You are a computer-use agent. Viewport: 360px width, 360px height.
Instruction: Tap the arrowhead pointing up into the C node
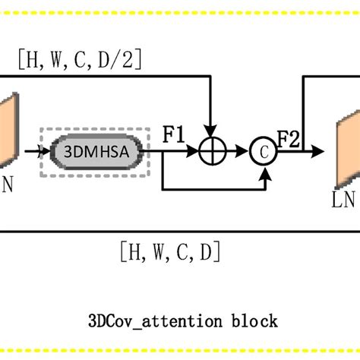click(264, 172)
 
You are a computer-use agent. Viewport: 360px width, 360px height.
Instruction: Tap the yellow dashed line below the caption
click(180, 352)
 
